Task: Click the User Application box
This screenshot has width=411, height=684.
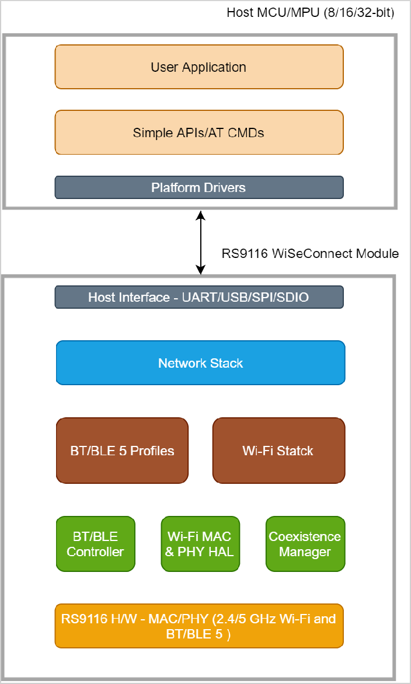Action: [x=199, y=67]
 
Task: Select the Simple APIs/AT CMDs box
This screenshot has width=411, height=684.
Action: [x=199, y=132]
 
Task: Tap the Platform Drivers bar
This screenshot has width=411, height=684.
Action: [x=199, y=187]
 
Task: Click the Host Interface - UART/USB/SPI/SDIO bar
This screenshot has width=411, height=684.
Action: [x=199, y=297]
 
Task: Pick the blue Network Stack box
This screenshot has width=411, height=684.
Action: [x=200, y=363]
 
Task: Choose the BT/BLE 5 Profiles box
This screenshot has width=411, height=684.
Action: [x=123, y=451]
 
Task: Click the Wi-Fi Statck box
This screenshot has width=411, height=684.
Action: [x=278, y=451]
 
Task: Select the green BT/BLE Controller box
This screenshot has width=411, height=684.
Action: [x=95, y=544]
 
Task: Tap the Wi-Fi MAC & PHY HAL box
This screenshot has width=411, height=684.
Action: [x=200, y=544]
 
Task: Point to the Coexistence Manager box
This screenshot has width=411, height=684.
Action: [x=305, y=544]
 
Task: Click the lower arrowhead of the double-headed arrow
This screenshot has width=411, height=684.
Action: [x=200, y=270]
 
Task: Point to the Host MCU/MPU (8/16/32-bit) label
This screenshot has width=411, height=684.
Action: [x=310, y=12]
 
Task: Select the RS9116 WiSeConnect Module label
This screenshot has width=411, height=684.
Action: [x=310, y=253]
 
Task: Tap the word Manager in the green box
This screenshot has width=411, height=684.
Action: [x=305, y=552]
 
